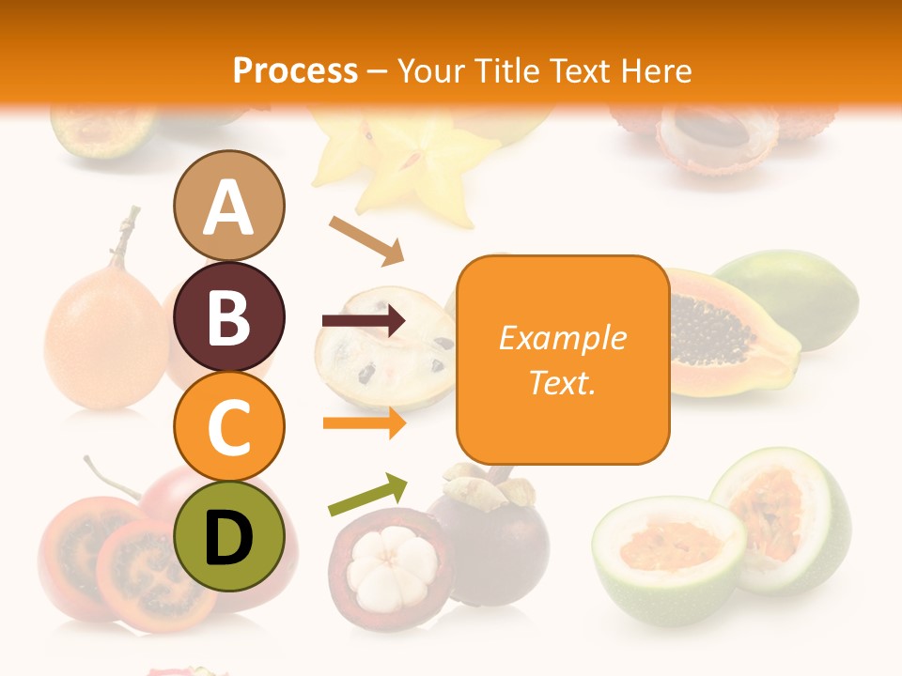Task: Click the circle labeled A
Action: (228, 206)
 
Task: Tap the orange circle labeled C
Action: (228, 426)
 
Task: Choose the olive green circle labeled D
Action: (228, 536)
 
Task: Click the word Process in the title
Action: (295, 70)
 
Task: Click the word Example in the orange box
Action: (562, 338)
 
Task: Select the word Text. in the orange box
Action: (562, 382)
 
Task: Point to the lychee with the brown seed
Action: (714, 131)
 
